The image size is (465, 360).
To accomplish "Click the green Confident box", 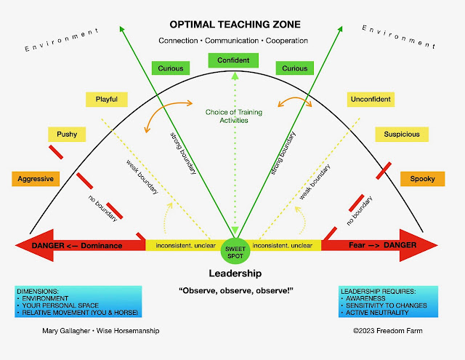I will click(x=228, y=60).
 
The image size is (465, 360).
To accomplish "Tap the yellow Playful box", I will click(x=106, y=99).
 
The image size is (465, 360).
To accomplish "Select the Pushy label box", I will click(x=67, y=135).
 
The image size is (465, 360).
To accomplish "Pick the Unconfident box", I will click(x=371, y=99).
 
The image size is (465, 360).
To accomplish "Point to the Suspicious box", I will click(x=397, y=135).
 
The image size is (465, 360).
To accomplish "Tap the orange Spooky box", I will click(x=422, y=178).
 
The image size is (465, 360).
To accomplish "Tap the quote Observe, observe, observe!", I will click(x=231, y=291).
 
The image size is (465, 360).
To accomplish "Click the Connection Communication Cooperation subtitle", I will click(x=232, y=41).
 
